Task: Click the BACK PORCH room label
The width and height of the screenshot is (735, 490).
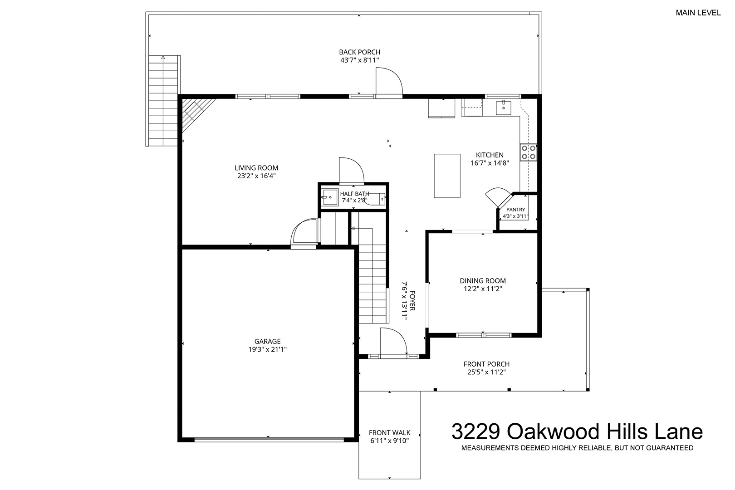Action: click(360, 52)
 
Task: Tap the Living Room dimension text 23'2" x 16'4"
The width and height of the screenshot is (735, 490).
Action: click(256, 176)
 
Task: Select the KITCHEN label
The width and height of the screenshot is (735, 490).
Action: click(490, 155)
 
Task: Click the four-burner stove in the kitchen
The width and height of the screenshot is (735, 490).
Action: click(528, 152)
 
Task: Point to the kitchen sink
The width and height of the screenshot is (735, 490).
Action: click(503, 108)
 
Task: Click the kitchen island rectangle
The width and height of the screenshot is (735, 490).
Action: click(447, 176)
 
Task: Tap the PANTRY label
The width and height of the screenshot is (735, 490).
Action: click(515, 210)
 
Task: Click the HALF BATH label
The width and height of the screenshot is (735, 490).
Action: click(354, 194)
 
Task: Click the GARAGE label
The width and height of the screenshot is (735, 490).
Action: click(267, 341)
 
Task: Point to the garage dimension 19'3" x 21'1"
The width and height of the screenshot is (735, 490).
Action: click(267, 349)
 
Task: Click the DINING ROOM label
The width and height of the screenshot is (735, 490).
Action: click(483, 280)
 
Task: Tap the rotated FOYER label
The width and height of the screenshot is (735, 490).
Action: click(412, 301)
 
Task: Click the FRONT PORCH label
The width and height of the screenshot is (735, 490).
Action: click(486, 364)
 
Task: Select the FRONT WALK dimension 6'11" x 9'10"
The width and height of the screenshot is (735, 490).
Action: click(389, 441)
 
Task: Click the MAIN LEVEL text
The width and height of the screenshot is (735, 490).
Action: click(698, 13)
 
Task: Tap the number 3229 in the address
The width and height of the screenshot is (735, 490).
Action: click(475, 431)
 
